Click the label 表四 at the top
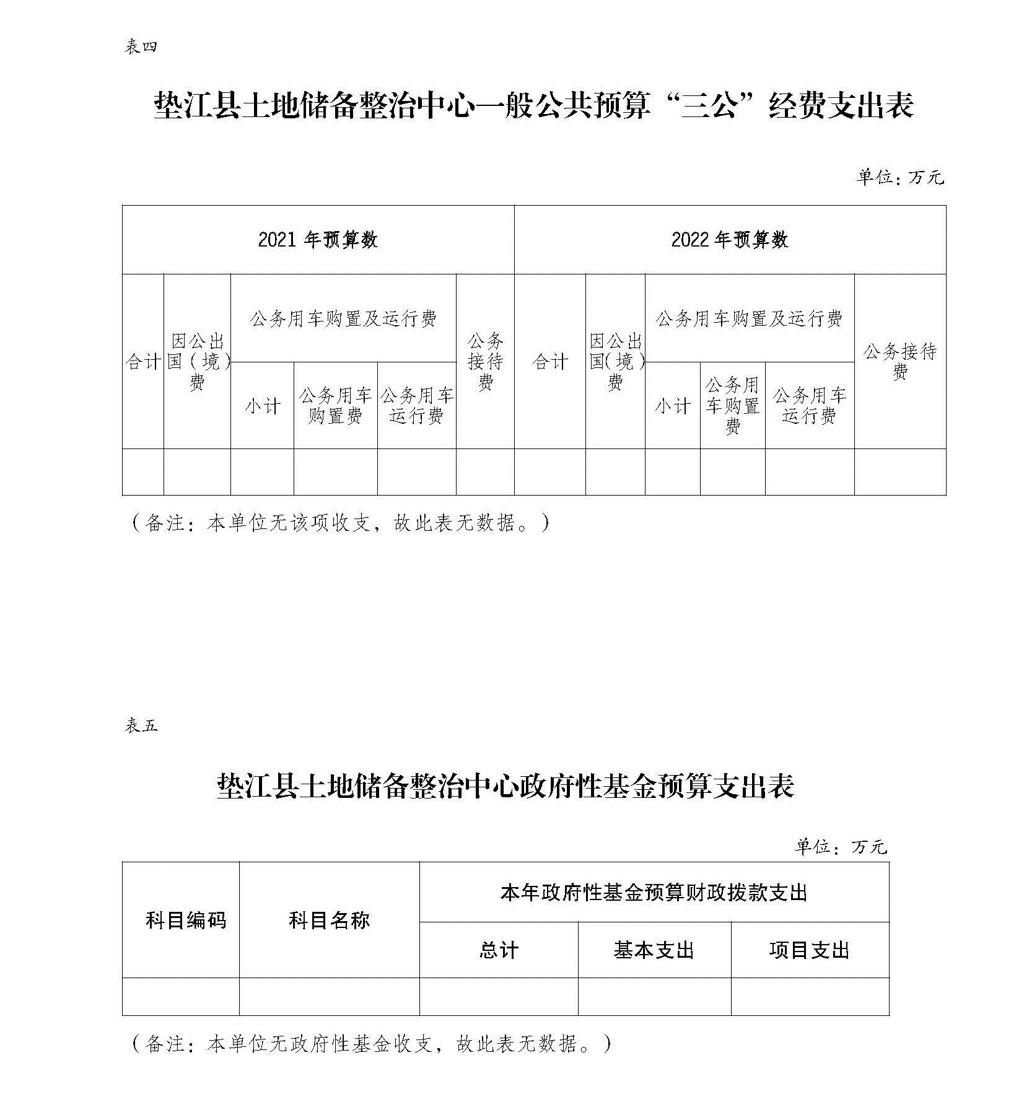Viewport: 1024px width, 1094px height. pos(141,47)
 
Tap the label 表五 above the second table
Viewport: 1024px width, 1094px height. pos(141,725)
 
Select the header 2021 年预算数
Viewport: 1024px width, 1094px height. pos(318,240)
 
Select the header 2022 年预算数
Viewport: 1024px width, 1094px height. pos(730,240)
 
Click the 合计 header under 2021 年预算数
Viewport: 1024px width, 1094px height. pos(143,362)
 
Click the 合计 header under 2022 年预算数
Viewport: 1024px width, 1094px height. pos(550,362)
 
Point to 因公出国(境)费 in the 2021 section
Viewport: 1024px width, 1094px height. pos(198,362)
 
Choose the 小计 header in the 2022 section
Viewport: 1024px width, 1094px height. pos(673,406)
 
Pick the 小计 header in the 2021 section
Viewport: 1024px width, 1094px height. pos(263,406)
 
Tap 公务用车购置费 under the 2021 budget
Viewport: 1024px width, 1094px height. pos(335,406)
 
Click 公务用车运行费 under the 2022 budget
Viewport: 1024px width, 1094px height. pos(810,406)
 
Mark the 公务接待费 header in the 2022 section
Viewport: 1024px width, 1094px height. pos(900,362)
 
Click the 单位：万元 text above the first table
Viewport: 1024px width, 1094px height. pos(900,178)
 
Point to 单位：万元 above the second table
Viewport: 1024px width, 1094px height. pos(841,846)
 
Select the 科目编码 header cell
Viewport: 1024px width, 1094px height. pos(186,920)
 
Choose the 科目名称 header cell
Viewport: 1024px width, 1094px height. pos(329,920)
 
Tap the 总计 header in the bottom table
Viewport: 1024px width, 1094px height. pos(499,950)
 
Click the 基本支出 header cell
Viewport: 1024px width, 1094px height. pos(654,950)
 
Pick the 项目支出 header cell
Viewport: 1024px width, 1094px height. pos(810,950)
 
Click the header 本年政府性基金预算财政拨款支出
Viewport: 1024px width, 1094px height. pos(654,893)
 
